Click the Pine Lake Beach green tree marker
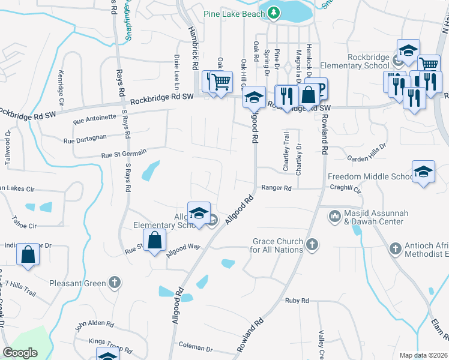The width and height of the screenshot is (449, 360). coord(274,12)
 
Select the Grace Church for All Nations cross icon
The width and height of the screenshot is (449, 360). coord(311,244)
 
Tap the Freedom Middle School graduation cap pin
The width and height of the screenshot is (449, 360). coord(423,172)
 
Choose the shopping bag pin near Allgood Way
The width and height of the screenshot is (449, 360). coord(155,240)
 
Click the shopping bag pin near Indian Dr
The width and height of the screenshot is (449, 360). coord(28,254)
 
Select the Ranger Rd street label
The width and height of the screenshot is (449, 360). coord(279,188)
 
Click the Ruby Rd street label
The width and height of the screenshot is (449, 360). coord(297,301)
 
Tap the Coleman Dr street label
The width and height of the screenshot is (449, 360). coord(196,348)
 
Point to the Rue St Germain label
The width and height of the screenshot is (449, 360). coord(124,154)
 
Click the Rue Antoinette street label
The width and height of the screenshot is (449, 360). coord(94,119)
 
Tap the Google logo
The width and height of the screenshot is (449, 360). coord(20,353)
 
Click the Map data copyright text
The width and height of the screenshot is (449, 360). coord(423,355)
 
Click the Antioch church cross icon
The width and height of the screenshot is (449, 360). coord(395,248)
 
